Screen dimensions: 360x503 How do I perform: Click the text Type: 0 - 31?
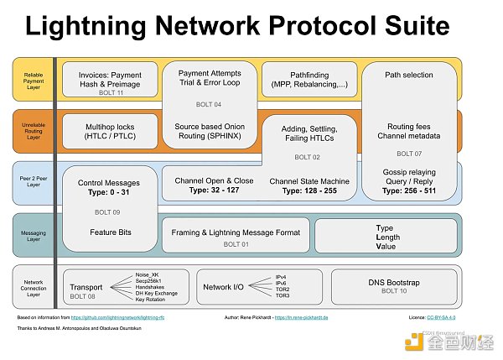(108, 192)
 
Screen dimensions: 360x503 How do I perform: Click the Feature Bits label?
(109, 232)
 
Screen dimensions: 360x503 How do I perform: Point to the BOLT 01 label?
(236, 244)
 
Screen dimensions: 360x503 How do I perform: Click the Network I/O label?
(223, 287)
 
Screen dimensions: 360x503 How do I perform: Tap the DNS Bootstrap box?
(393, 286)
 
